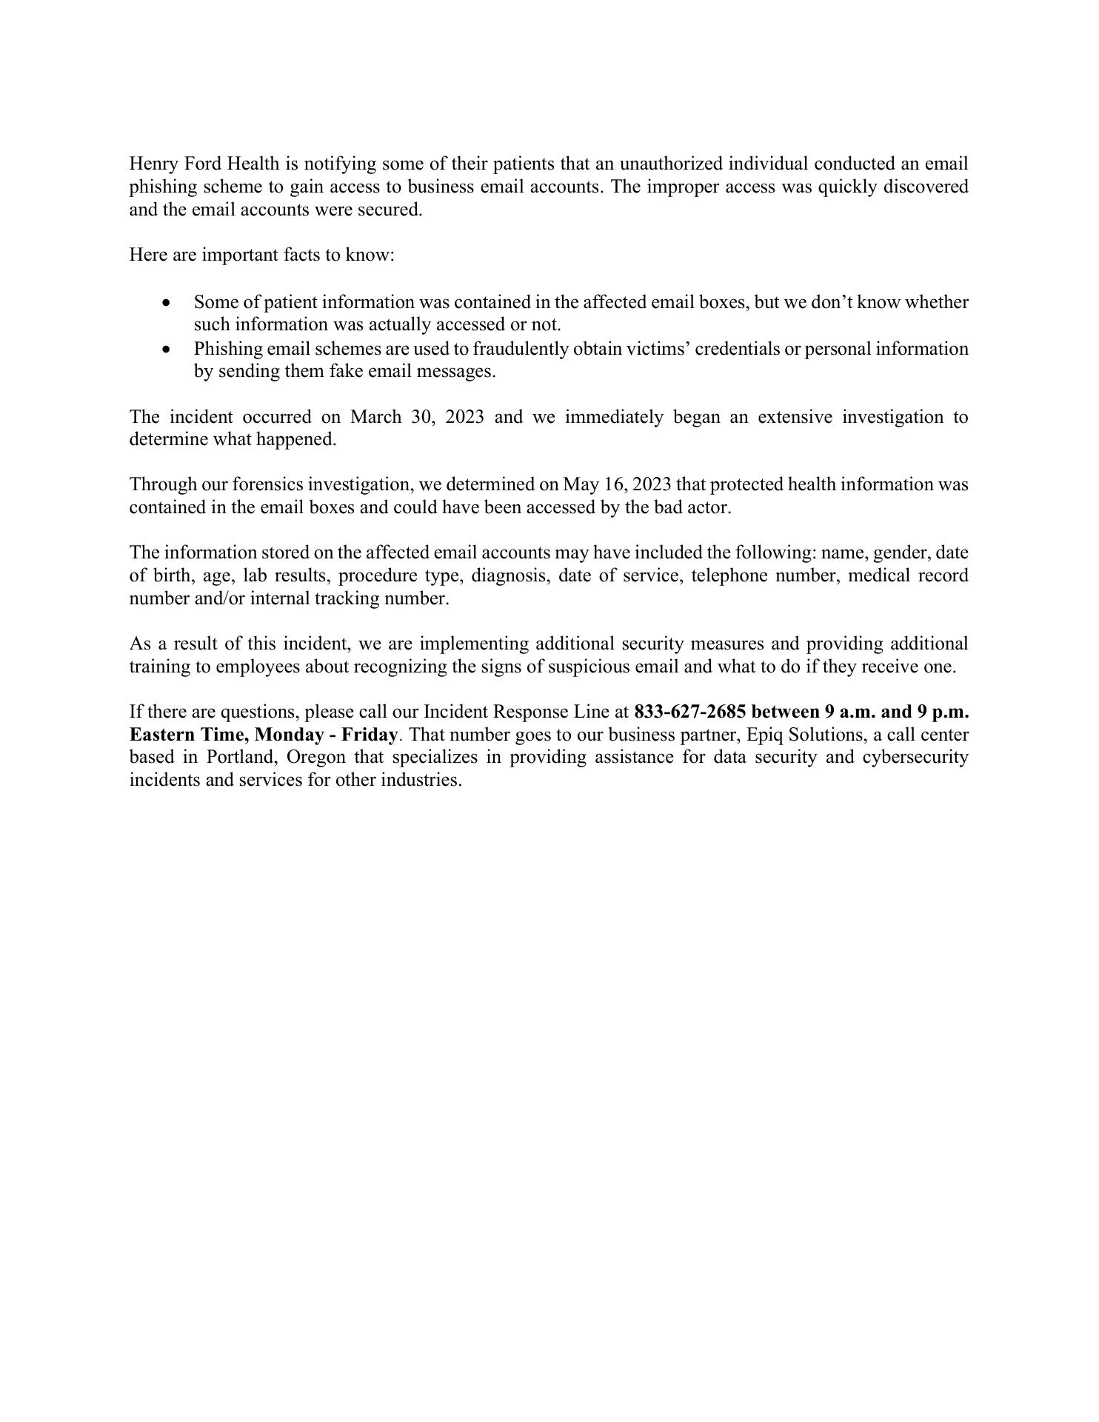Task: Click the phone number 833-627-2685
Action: tap(689, 712)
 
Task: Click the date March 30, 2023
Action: tap(417, 417)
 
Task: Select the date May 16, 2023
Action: tap(618, 484)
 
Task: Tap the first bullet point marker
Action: tap(167, 303)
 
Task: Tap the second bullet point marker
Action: tap(167, 349)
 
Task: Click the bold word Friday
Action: tap(370, 735)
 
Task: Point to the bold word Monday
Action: tap(287, 735)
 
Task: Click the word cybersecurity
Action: tap(915, 758)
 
